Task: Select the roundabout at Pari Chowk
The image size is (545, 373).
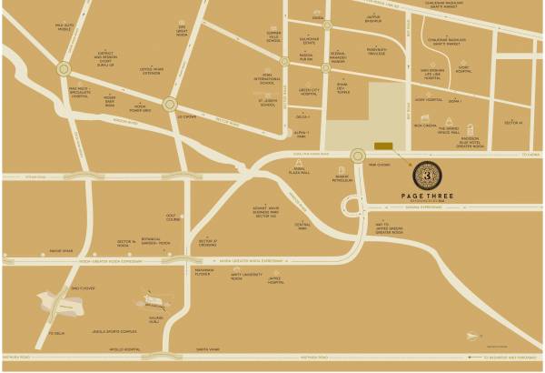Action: [x=357, y=156]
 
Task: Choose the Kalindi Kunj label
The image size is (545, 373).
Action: [x=155, y=320]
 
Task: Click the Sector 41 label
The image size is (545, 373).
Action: [x=513, y=122]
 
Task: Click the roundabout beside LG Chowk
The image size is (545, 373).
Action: [x=169, y=105]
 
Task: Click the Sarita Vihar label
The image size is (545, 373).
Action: [x=208, y=348]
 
